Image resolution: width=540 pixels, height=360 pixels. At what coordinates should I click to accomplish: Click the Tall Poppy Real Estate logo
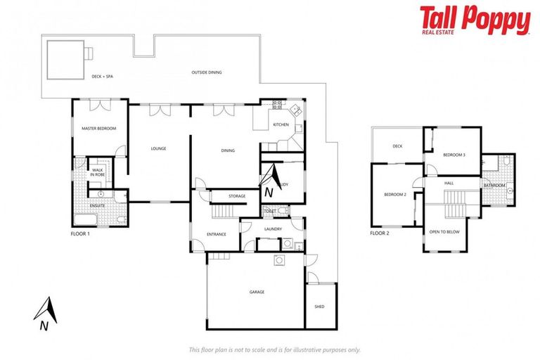point(475,20)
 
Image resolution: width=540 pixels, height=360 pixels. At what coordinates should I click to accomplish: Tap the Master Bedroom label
point(98,129)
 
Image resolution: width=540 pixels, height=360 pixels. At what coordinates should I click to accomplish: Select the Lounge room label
point(158,148)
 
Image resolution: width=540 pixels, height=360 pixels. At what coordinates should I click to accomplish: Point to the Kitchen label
point(281,124)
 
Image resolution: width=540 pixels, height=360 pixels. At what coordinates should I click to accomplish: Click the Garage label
point(257,292)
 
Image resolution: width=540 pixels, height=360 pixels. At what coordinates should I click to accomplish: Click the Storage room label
point(237,197)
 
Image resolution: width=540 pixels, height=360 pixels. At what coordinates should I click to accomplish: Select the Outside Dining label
point(207,72)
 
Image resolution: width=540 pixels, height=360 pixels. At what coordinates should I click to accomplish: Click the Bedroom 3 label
point(454,154)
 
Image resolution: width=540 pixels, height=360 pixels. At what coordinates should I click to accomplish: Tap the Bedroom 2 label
point(395,194)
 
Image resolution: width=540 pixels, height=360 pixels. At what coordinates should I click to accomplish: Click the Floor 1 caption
point(80,233)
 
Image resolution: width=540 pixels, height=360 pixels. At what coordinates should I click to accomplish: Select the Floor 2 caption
point(380,233)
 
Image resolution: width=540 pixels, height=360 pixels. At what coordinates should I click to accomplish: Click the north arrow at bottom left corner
point(45,313)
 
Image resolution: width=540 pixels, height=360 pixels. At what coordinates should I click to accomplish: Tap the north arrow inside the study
point(272,179)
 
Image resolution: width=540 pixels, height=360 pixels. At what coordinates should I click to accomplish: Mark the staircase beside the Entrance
point(224,212)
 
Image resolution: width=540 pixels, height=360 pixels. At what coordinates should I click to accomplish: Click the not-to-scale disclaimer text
point(275,349)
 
